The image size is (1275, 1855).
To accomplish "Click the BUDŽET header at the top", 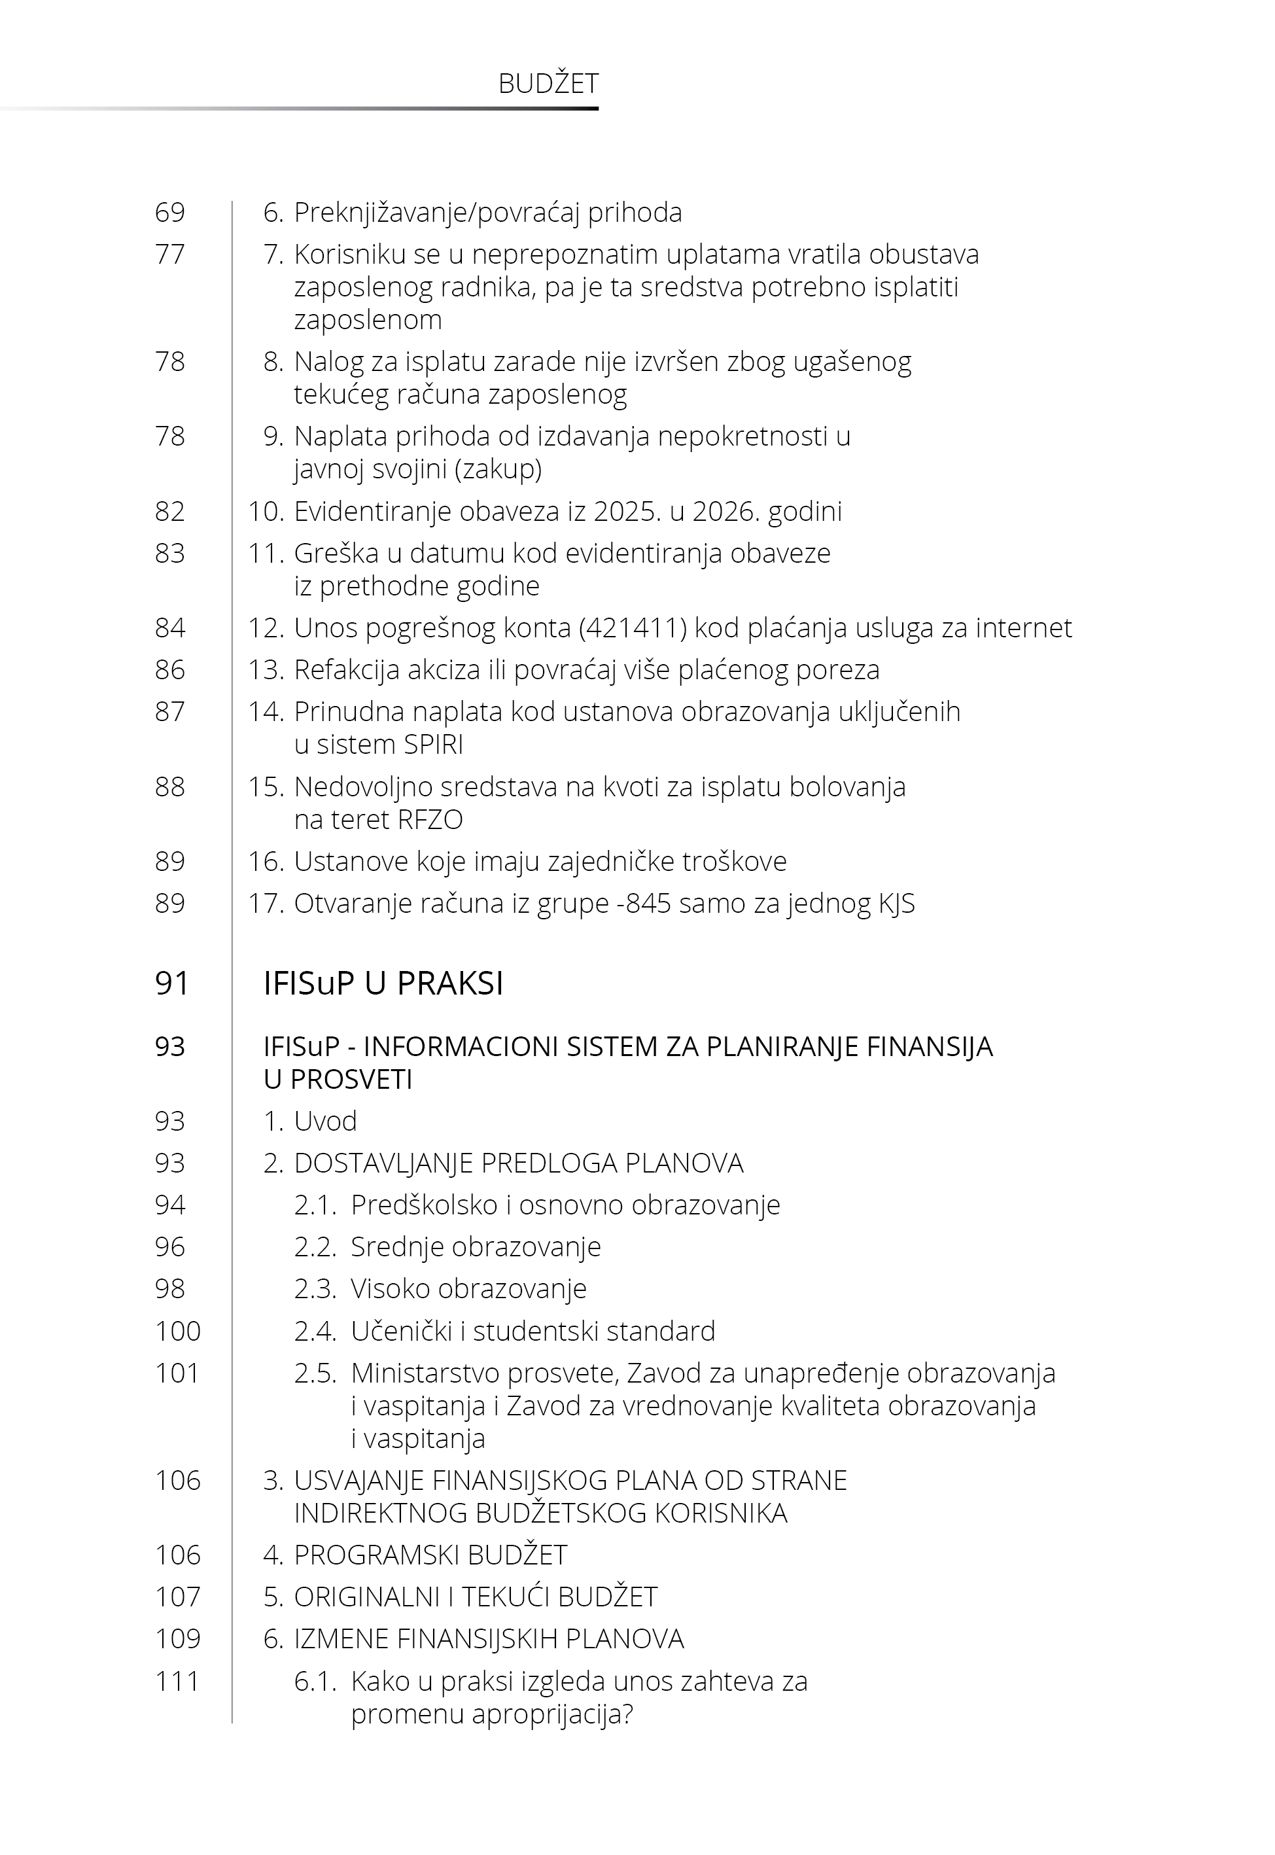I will click(548, 84).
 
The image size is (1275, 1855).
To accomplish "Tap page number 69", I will click(169, 213).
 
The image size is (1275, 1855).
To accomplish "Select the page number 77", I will click(169, 255).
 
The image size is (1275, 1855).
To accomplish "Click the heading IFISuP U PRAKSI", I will click(383, 983).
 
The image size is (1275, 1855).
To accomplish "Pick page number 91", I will click(172, 983).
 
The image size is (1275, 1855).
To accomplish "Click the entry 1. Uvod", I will click(310, 1122).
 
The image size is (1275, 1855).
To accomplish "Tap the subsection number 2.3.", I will click(315, 1288).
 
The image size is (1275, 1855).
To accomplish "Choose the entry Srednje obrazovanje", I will click(476, 1247).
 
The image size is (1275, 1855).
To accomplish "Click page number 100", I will click(177, 1331).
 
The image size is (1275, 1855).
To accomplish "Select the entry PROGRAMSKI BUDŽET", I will click(430, 1555).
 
